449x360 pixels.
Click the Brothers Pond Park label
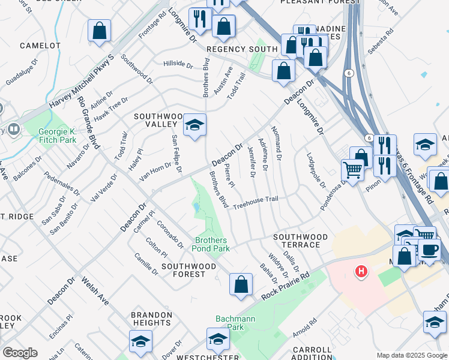click(x=210, y=244)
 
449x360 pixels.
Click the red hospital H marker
click(x=361, y=272)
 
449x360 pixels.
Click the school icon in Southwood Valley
click(x=194, y=125)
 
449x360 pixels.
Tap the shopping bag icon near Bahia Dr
click(x=241, y=284)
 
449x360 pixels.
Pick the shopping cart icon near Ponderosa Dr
click(x=352, y=170)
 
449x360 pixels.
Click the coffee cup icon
click(x=429, y=249)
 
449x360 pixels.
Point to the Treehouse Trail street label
click(x=256, y=202)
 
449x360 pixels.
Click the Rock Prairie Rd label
click(x=285, y=286)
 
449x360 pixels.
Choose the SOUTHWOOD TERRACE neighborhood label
click(x=300, y=241)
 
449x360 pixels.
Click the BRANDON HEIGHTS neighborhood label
click(x=152, y=319)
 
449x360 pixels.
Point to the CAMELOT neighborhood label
click(x=40, y=46)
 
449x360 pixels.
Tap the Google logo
click(x=20, y=353)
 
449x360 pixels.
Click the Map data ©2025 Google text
click(x=412, y=355)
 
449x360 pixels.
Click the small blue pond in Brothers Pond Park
click(x=197, y=208)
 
